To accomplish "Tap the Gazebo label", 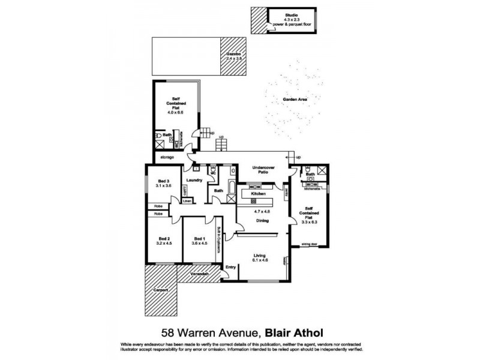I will click(x=233, y=55).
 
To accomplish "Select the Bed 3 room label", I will click(x=164, y=181).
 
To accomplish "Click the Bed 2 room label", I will click(x=164, y=238).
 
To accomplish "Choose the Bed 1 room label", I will click(x=198, y=238).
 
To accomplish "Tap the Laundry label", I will click(x=194, y=180).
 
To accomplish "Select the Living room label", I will click(x=260, y=254).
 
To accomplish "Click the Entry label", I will click(x=230, y=267).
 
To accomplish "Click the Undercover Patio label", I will click(x=263, y=169).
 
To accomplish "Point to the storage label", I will click(x=167, y=157).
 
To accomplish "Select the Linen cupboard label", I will click(x=187, y=201).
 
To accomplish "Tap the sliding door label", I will click(x=310, y=245).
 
